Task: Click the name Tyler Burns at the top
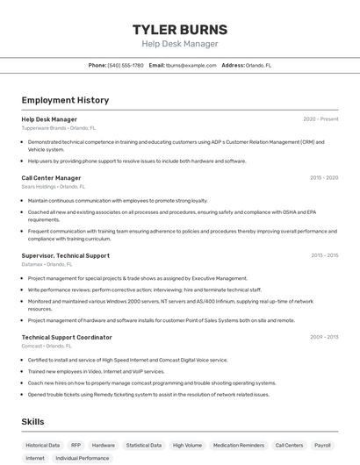pos(179,29)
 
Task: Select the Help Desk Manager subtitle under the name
pos(179,44)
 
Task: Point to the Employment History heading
pos(65,100)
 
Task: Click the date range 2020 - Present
pos(320,119)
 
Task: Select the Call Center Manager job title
pos(51,178)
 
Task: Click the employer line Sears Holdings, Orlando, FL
pos(54,187)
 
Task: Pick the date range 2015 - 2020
pos(324,178)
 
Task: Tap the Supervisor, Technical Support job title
pos(65,255)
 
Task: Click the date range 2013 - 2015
pos(324,255)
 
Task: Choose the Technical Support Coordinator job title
pos(67,337)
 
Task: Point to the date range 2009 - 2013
pos(324,337)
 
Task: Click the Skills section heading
pos(33,422)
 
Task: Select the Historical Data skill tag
pos(43,445)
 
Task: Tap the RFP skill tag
pos(76,445)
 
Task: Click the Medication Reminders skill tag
pos(239,445)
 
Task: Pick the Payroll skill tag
pos(323,445)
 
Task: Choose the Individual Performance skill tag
pos(83,458)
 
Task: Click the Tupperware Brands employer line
pos(59,128)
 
